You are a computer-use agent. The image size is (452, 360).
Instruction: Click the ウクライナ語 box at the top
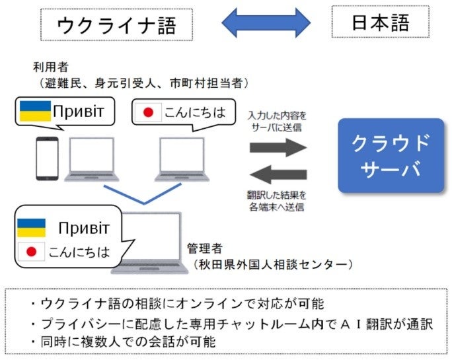click(x=117, y=24)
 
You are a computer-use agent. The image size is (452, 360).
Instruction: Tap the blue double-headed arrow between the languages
click(x=266, y=23)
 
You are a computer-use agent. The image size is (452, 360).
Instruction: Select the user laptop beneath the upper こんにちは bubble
click(x=182, y=160)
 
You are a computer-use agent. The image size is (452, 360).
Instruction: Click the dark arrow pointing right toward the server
click(x=278, y=147)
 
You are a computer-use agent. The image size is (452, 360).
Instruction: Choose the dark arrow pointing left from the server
click(x=278, y=174)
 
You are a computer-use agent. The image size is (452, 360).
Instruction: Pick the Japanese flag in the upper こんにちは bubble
click(x=148, y=112)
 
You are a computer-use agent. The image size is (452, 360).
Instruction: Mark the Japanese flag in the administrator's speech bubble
click(x=30, y=252)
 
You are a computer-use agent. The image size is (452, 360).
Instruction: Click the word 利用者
click(x=50, y=67)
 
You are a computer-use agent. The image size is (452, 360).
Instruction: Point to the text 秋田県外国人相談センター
click(x=271, y=265)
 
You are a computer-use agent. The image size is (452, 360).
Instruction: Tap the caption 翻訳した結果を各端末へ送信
click(x=278, y=201)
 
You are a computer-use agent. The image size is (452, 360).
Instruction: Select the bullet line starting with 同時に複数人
click(x=132, y=343)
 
